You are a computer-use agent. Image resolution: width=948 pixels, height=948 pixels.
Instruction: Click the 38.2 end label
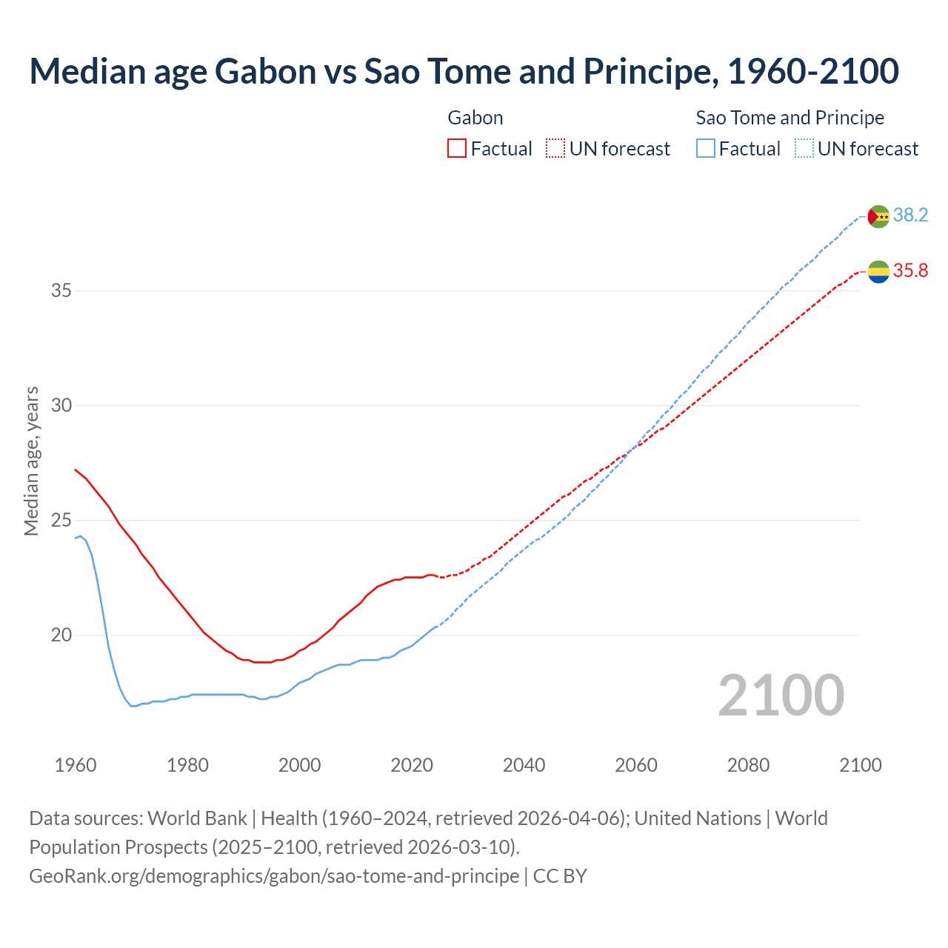[910, 216]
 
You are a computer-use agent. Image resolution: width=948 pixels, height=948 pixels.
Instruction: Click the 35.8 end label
[910, 271]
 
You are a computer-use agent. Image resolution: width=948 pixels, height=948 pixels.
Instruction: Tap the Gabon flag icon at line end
[878, 272]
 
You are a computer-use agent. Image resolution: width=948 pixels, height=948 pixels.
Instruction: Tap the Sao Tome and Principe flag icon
[878, 216]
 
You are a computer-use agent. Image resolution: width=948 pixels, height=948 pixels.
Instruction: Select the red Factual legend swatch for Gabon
[457, 149]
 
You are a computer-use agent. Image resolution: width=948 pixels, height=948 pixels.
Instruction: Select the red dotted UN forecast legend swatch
[555, 149]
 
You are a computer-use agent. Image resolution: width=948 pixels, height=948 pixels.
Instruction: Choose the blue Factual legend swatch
[706, 149]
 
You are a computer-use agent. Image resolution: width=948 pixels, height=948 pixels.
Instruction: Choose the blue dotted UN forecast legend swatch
[804, 149]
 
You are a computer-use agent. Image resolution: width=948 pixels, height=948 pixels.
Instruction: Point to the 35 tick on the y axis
[61, 291]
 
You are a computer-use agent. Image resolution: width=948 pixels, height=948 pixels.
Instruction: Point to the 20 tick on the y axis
[61, 635]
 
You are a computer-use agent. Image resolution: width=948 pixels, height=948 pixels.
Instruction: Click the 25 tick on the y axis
[61, 521]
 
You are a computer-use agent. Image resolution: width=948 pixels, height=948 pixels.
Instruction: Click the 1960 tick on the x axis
[76, 765]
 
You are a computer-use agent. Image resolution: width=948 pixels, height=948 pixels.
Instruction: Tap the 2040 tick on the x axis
[524, 765]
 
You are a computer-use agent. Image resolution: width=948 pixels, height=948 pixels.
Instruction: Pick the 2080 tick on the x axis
[748, 765]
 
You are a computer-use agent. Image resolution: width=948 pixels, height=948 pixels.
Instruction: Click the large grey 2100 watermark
[781, 695]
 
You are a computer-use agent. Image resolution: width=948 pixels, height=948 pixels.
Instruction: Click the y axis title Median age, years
[31, 461]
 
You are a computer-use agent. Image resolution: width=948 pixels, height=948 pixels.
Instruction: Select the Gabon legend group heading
[475, 118]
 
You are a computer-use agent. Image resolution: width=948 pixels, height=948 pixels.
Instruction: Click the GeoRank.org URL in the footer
[274, 875]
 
